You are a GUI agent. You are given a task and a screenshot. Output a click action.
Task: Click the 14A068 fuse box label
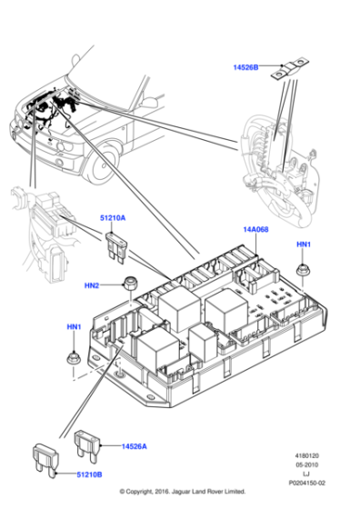[x=256, y=230]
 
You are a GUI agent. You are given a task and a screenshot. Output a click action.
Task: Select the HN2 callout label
[x=92, y=285]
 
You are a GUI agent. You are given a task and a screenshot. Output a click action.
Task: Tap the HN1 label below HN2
[x=74, y=326]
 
